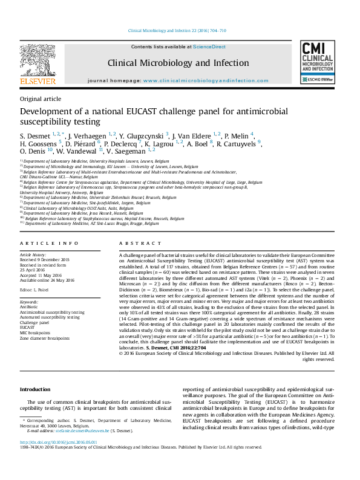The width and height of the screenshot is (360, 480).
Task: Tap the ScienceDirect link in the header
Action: pyautogui.click(x=209, y=47)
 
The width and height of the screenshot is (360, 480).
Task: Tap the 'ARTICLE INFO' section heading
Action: pyautogui.click(x=49, y=243)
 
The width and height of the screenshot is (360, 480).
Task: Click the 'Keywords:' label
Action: pyautogui.click(x=30, y=301)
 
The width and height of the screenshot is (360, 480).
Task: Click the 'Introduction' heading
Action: pyautogui.click(x=35, y=389)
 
